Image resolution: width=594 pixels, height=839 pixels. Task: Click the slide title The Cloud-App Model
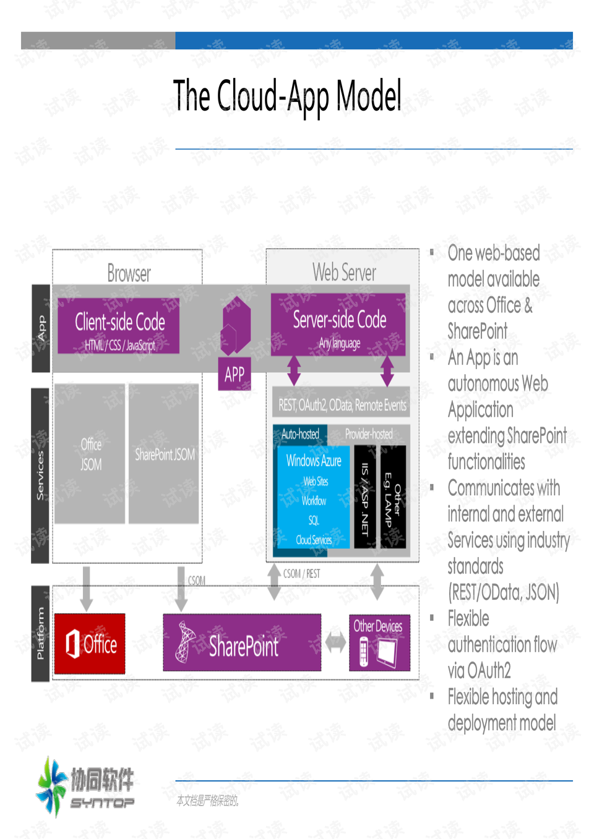287,97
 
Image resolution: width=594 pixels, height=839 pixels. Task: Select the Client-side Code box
119,326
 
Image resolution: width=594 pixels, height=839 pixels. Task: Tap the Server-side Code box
338,325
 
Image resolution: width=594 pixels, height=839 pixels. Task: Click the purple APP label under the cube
235,374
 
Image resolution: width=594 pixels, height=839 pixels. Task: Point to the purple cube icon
236,325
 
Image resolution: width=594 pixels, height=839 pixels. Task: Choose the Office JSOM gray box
90,454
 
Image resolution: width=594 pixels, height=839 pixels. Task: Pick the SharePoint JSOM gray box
164,454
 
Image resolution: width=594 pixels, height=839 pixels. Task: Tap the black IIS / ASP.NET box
365,498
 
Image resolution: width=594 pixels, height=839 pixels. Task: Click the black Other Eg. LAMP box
392,498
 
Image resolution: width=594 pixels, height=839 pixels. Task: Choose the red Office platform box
90,644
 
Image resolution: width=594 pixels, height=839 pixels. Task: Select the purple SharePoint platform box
242,643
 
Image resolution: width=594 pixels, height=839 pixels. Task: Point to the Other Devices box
379,642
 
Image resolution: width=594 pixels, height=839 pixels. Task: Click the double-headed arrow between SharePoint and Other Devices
335,643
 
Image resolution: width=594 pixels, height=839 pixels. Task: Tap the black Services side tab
40,475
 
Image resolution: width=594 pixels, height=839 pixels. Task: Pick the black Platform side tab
40,634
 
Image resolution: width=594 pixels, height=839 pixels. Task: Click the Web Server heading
343,272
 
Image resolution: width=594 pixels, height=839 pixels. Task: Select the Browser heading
129,273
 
